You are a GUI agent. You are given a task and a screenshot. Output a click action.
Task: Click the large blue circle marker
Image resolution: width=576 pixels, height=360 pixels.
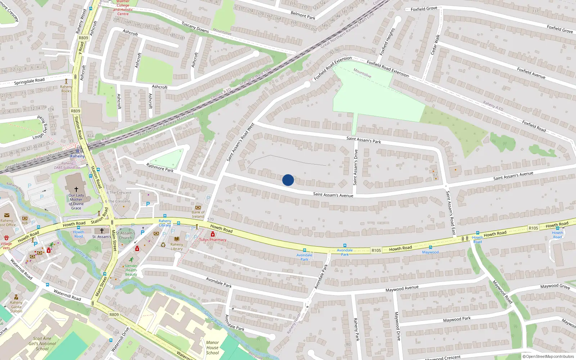click(288, 180)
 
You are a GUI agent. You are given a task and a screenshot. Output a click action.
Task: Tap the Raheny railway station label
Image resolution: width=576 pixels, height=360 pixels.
click(77, 156)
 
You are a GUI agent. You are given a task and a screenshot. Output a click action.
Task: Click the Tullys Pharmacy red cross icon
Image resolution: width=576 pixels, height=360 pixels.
click(213, 235)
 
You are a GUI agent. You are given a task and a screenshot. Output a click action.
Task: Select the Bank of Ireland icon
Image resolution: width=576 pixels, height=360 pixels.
click(198, 208)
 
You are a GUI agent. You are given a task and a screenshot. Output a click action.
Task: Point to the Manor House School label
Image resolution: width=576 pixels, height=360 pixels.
click(212, 348)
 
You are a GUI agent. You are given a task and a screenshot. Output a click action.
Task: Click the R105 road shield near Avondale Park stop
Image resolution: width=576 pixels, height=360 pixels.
click(376, 250)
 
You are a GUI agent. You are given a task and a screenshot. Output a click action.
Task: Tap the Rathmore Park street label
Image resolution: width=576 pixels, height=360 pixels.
click(160, 167)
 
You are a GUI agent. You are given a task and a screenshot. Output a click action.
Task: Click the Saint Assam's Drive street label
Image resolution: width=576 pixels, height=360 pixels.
click(356, 167)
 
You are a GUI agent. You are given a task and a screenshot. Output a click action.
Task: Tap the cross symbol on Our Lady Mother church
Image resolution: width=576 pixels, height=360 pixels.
click(76, 189)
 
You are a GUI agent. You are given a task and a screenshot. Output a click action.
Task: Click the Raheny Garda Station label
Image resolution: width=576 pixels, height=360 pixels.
click(16, 307)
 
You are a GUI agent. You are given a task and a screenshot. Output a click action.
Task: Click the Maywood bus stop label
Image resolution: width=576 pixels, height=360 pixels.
click(430, 252)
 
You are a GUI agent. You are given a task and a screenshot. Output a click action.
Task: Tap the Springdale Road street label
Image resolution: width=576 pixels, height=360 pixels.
click(29, 81)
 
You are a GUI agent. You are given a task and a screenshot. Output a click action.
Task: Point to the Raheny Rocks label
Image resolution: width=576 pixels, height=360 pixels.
click(66, 89)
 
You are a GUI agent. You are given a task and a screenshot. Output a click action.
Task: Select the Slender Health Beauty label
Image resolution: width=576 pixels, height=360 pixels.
click(131, 270)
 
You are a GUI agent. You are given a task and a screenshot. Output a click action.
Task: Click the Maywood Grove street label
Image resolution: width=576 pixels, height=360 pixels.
click(555, 286)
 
